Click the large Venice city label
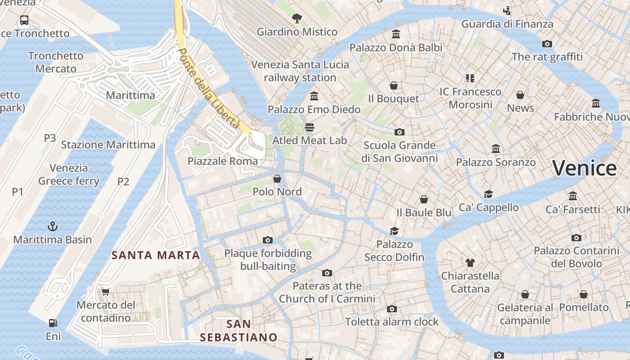click(584, 168)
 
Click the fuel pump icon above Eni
click(53, 323)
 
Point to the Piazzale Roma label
click(223, 161)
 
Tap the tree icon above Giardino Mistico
click(297, 18)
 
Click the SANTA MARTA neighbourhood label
click(156, 255)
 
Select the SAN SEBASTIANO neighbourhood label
click(238, 330)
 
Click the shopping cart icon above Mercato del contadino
click(106, 292)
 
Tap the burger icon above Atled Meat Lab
click(309, 127)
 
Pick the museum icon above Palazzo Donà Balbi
click(396, 34)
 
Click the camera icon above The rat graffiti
click(547, 44)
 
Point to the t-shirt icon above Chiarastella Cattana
click(470, 262)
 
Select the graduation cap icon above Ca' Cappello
click(488, 194)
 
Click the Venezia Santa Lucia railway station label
click(300, 71)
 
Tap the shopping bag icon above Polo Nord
click(277, 179)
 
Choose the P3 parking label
click(50, 138)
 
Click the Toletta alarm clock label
click(391, 322)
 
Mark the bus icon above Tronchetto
click(24, 20)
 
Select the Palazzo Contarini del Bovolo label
click(576, 257)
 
